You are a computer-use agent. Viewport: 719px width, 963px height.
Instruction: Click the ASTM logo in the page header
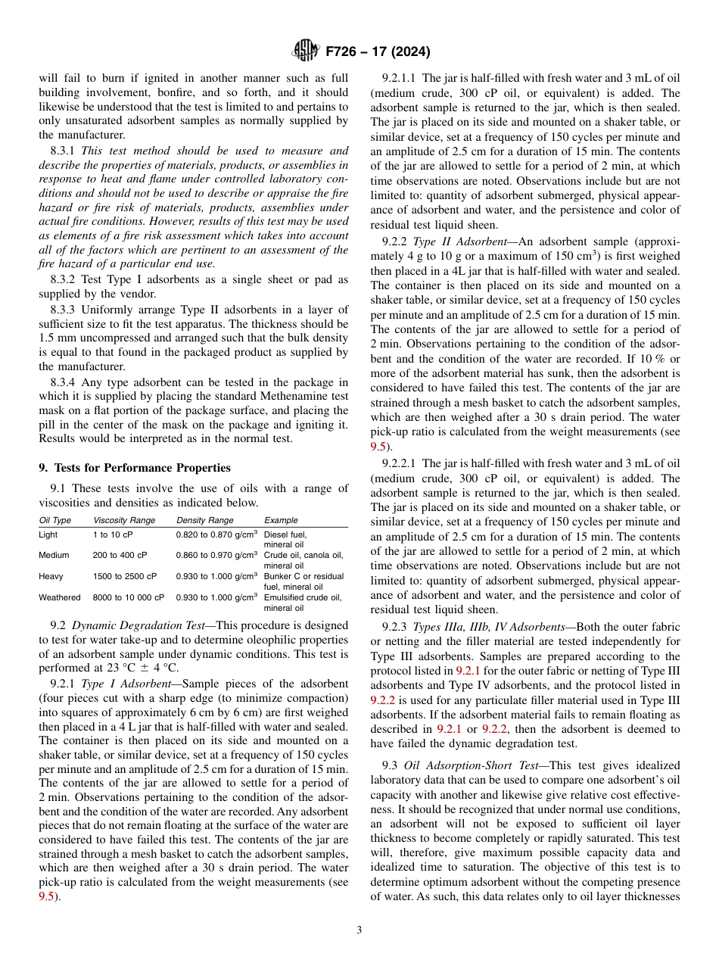(305, 51)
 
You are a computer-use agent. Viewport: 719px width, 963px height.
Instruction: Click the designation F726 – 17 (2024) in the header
(378, 52)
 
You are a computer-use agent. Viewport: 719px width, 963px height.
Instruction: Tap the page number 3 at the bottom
(359, 930)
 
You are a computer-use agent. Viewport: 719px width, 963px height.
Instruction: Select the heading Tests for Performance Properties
(140, 467)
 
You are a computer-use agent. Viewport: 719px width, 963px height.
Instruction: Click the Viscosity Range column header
(124, 520)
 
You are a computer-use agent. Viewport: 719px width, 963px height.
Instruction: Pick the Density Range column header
(205, 520)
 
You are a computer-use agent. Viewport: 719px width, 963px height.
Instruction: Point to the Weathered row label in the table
(59, 597)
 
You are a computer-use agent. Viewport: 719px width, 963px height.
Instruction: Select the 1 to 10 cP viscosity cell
(113, 534)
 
